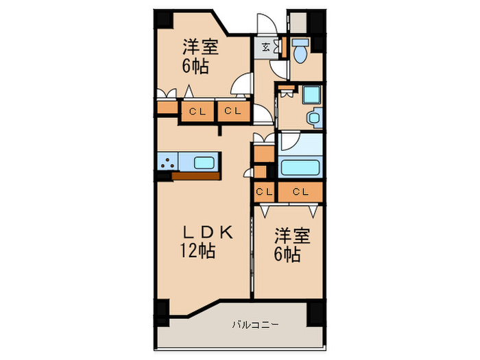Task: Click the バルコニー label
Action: click(254, 324)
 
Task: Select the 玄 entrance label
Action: click(266, 47)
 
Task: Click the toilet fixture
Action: click(300, 49)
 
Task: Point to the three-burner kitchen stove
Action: click(167, 163)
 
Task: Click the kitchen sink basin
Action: click(204, 163)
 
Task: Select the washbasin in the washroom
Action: click(314, 118)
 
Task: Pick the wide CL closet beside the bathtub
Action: click(300, 192)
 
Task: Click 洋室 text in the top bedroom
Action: click(200, 48)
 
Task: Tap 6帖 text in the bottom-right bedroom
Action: click(287, 255)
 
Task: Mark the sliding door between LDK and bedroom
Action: click(253, 254)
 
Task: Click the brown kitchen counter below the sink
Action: click(196, 176)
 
